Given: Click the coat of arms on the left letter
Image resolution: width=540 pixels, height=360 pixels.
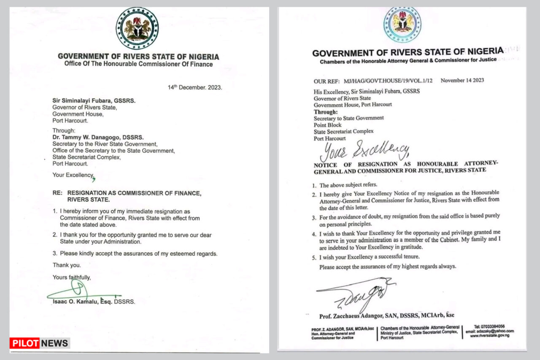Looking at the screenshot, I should click(x=137, y=28).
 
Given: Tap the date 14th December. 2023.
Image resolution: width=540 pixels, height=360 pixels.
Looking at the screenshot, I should click(x=194, y=88).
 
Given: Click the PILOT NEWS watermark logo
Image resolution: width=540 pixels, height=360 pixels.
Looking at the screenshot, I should click(x=40, y=343).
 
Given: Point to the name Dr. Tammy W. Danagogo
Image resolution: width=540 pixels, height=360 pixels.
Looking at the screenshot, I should click(x=98, y=137).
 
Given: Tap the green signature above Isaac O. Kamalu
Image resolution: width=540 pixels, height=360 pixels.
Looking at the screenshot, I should click(x=80, y=292).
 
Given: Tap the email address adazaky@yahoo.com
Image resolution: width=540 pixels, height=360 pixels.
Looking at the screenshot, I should click(x=490, y=331).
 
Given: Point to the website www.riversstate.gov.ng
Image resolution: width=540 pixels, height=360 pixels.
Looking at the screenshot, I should click(x=490, y=336).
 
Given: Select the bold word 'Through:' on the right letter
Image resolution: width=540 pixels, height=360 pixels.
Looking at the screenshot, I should click(x=326, y=112).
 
